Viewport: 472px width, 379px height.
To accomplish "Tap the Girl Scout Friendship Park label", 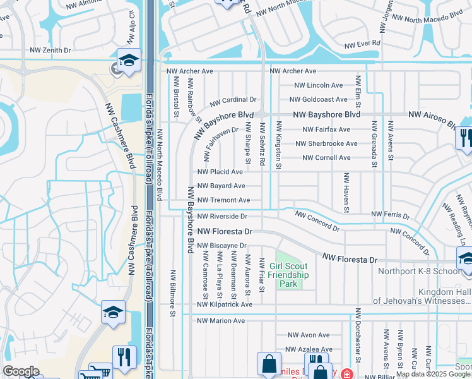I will (288, 275).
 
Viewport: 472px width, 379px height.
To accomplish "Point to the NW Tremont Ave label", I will (223, 200).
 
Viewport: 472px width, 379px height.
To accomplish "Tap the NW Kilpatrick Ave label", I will (224, 304).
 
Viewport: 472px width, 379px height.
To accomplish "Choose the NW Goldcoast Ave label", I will (318, 99).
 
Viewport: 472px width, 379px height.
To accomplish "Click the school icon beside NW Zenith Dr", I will (129, 61).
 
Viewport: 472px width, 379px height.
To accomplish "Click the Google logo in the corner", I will (21, 371).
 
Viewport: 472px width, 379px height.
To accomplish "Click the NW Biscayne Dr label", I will (221, 246).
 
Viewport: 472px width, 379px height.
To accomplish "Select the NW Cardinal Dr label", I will (233, 100).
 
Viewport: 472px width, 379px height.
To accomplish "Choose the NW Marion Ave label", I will (221, 321).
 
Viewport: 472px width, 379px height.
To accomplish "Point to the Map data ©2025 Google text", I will (433, 374).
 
